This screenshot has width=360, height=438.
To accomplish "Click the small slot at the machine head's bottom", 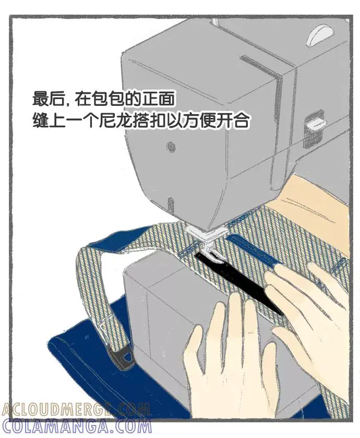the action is tap(170, 205).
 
